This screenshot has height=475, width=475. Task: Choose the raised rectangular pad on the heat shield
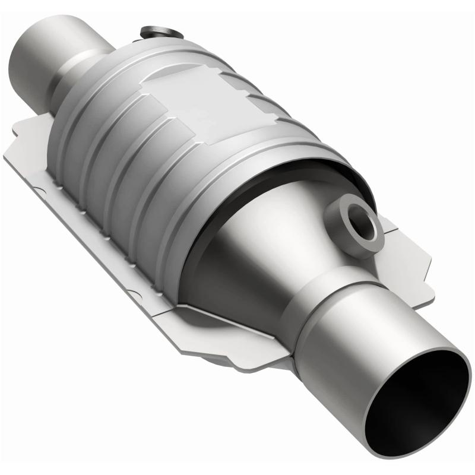coord(178,101)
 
